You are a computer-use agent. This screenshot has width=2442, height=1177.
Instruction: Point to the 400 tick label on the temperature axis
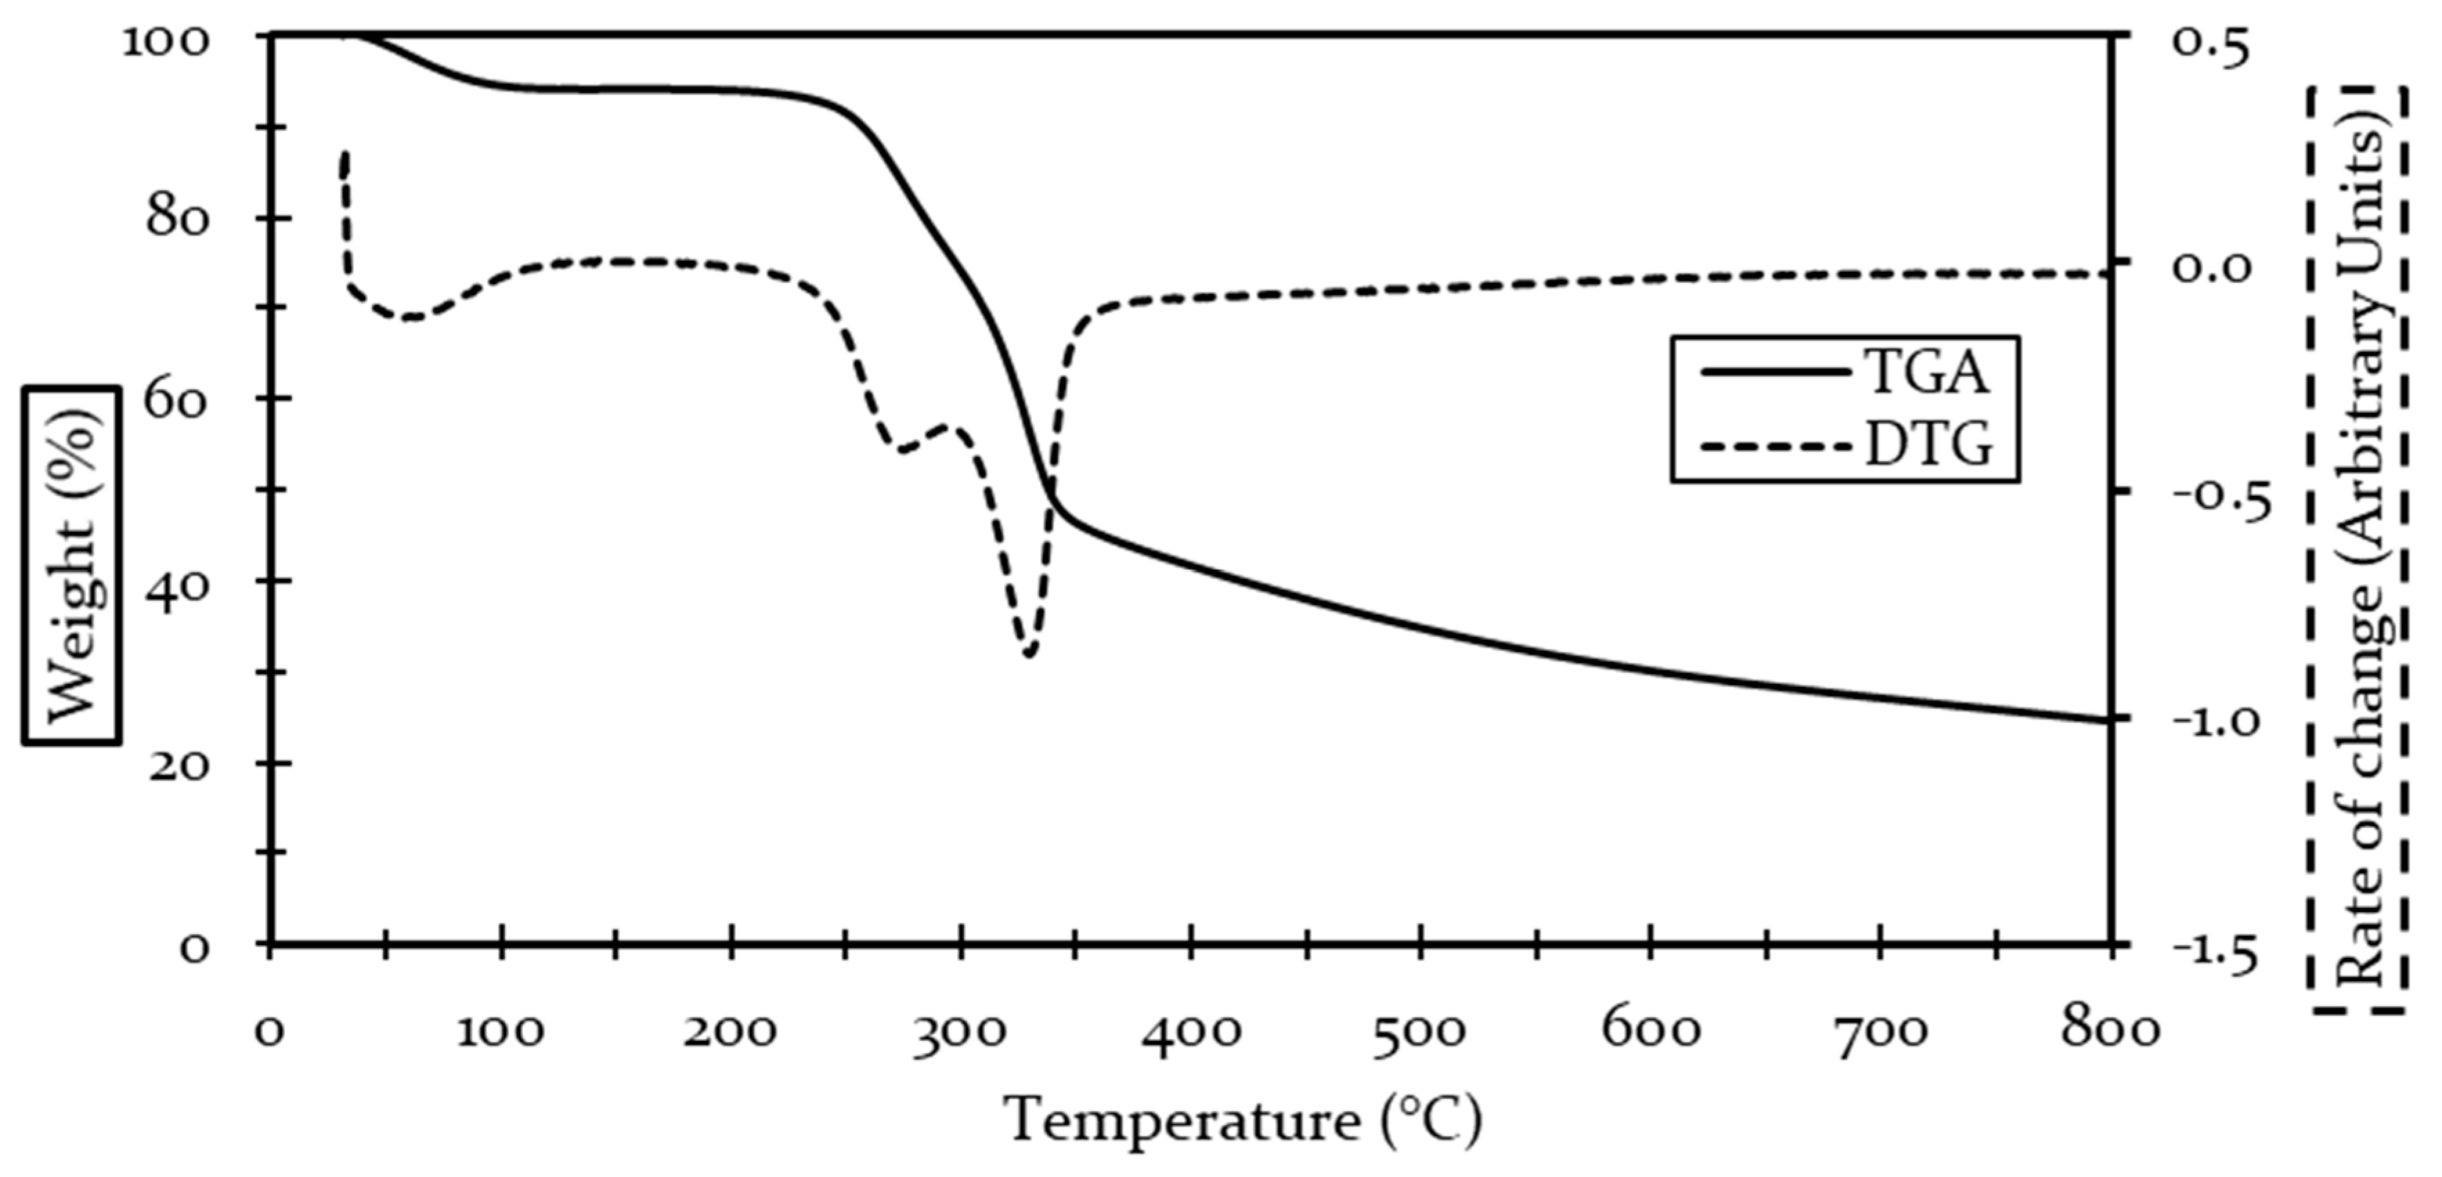coord(1191,1031)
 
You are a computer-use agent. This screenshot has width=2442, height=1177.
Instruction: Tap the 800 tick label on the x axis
coord(2111,1031)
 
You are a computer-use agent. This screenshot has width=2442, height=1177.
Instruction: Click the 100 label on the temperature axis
coord(501,1031)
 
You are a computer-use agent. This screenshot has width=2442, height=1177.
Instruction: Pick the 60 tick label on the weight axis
coord(176,399)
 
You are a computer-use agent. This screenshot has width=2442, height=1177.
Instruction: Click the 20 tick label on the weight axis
coord(176,764)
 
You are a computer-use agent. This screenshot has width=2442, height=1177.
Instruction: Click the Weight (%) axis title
coord(71,565)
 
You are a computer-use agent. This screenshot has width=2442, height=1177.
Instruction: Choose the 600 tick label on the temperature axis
coord(1650,1031)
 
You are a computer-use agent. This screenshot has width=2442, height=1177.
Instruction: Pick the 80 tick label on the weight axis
coord(176,217)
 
